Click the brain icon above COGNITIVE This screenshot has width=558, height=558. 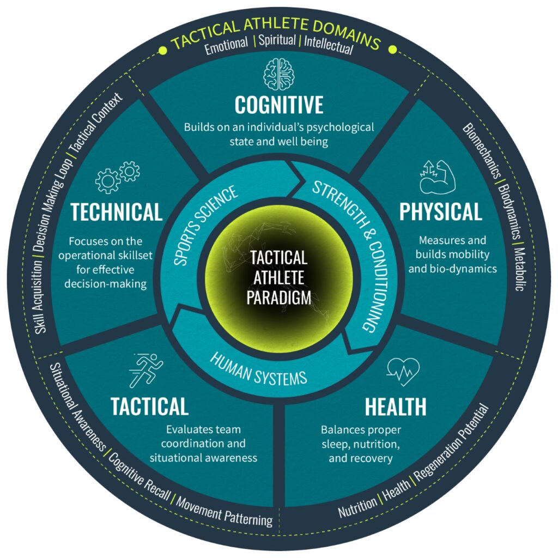pos(278,74)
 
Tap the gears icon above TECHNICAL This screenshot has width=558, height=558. pos(118,177)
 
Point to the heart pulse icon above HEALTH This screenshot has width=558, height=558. pos(403,372)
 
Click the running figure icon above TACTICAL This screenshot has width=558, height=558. pos(146,370)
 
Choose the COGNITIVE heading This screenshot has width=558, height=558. pos(279,105)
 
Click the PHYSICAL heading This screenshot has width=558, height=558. pos(440,212)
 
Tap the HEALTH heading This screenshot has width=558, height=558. pos(396,407)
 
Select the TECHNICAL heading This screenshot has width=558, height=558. pos(117,212)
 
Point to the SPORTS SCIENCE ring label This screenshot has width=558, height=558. pos(205,225)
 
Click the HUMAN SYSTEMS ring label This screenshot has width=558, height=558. pos(258,370)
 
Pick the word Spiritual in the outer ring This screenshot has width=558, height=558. pos(277,40)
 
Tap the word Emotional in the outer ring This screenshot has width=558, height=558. pos(226,45)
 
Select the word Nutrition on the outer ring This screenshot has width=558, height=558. pos(357,507)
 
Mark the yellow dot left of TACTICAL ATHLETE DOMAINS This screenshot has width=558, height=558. pos(162,51)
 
